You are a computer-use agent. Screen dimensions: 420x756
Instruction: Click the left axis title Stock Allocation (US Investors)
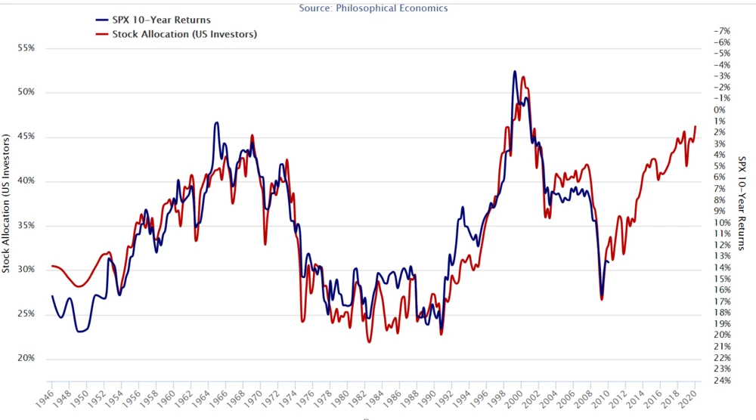7,204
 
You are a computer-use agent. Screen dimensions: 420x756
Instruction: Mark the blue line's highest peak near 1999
515,72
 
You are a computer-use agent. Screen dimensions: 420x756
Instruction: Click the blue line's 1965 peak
217,122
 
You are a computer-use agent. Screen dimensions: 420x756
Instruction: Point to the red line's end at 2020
696,126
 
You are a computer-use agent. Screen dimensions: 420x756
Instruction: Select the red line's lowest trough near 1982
369,342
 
